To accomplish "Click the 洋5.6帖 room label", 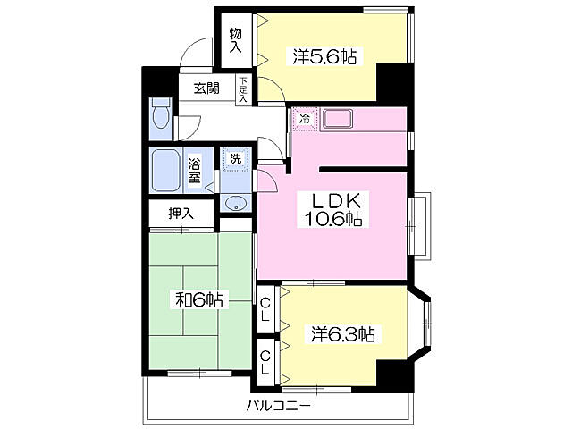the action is pyautogui.click(x=324, y=56).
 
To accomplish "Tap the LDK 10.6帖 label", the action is pyautogui.click(x=332, y=210).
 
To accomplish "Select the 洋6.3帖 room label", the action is pyautogui.click(x=343, y=333).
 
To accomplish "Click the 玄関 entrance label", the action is pyautogui.click(x=206, y=88).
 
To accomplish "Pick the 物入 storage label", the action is pyautogui.click(x=236, y=40).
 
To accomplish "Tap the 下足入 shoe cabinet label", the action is pyautogui.click(x=243, y=89).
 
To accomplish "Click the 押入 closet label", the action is pyautogui.click(x=181, y=214).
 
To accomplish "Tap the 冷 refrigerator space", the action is pyautogui.click(x=305, y=119).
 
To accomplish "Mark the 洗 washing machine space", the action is pyautogui.click(x=236, y=159).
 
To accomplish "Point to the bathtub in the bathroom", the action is pyautogui.click(x=165, y=171).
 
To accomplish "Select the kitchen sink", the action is pyautogui.click(x=338, y=119).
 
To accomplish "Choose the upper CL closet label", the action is pyautogui.click(x=265, y=309).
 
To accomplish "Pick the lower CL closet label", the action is pyautogui.click(x=265, y=363).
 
